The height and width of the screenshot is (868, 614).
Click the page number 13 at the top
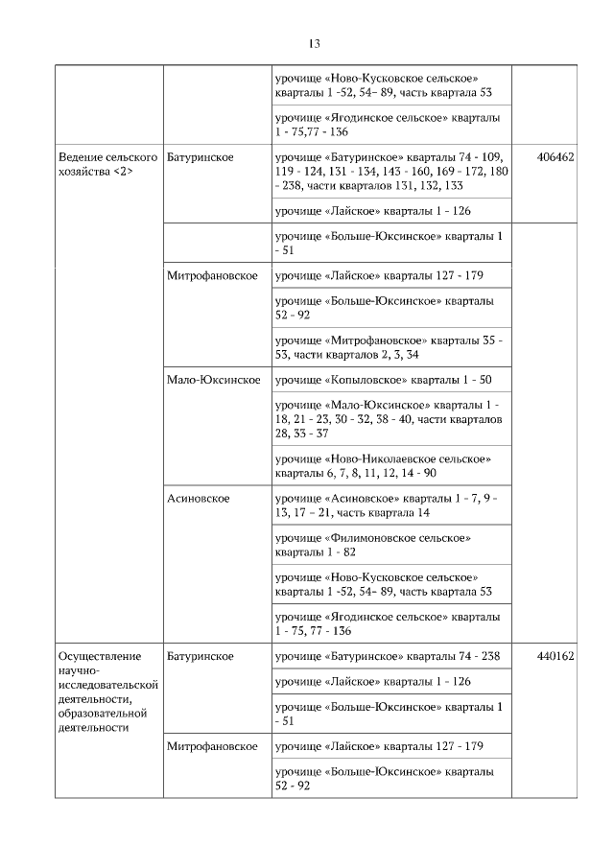[314, 44]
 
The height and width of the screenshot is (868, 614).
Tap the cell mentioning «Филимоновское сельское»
[374, 546]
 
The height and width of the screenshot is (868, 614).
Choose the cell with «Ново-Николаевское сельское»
[384, 466]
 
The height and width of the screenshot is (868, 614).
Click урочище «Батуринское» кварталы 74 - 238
[390, 657]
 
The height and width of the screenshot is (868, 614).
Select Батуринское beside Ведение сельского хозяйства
[200, 156]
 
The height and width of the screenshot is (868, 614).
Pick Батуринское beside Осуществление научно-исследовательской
[200, 657]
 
